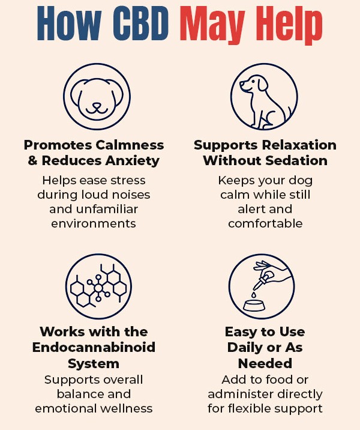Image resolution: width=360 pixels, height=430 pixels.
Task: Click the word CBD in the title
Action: pos(140,23)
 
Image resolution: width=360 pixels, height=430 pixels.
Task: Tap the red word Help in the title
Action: pos(290,25)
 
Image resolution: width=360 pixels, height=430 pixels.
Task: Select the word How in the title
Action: pos(69,23)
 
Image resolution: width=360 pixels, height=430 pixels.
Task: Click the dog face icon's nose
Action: pos(97,105)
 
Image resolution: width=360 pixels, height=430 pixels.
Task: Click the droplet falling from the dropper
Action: pos(254,295)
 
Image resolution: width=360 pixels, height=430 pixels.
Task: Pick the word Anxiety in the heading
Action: pos(133,161)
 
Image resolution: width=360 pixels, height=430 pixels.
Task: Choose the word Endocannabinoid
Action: pos(94,347)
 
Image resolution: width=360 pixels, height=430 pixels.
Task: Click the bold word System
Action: pos(94,364)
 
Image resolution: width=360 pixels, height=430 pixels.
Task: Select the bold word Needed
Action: pos(265,363)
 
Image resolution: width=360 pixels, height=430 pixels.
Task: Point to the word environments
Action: pos(94,223)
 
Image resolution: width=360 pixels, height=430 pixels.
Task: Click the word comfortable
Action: pos(265,223)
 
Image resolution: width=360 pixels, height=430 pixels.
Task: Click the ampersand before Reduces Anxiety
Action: pos(32,160)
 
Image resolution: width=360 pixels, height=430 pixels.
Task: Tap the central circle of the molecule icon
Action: pos(98,288)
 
